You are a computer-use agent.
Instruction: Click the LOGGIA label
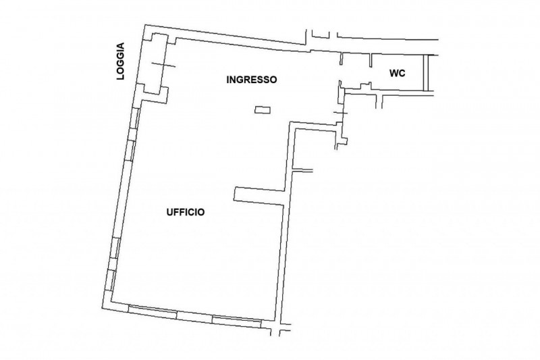tap(120, 61)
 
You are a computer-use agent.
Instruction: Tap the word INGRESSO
tap(251, 80)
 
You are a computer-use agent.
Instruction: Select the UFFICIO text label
tap(186, 212)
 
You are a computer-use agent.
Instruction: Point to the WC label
tap(398, 74)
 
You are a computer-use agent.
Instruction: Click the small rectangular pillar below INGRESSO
tap(263, 110)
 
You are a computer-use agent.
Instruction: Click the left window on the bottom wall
tap(153, 311)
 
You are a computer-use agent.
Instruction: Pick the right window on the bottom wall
tap(237, 322)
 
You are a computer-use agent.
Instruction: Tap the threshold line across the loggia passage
tap(163, 65)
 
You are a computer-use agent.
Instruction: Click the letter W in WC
tap(394, 74)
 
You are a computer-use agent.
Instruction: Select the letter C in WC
tap(402, 74)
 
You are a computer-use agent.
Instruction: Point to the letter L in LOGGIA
tap(121, 78)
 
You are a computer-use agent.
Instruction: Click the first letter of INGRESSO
tap(227, 80)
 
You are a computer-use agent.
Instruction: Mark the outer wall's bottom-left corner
tap(103, 307)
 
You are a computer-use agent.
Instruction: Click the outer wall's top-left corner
tap(145, 25)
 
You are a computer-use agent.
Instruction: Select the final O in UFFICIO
tap(201, 212)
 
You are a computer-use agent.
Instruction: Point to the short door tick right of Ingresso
tap(341, 113)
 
